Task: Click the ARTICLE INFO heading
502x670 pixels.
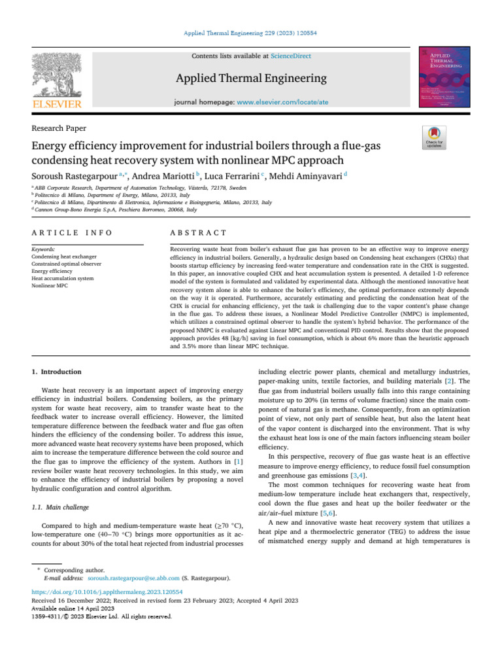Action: [x=72, y=232]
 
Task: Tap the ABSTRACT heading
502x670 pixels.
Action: [x=198, y=232]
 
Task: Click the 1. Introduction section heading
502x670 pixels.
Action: [x=57, y=372]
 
